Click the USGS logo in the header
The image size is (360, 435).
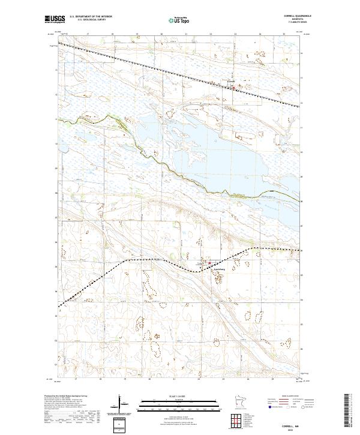[55, 19]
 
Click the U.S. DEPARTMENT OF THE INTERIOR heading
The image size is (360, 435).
[91, 17]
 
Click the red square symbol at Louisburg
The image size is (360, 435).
[209, 262]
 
